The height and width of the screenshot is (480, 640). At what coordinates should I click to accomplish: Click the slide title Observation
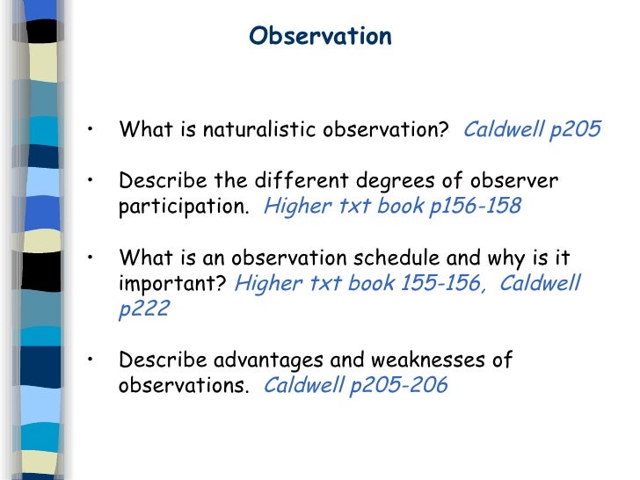320,37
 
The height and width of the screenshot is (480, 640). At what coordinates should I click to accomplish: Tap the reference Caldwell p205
532,131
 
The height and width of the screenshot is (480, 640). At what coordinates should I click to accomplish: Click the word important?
173,284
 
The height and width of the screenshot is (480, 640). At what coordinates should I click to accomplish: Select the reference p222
142,309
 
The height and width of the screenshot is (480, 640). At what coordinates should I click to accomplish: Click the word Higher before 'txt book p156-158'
293,207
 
